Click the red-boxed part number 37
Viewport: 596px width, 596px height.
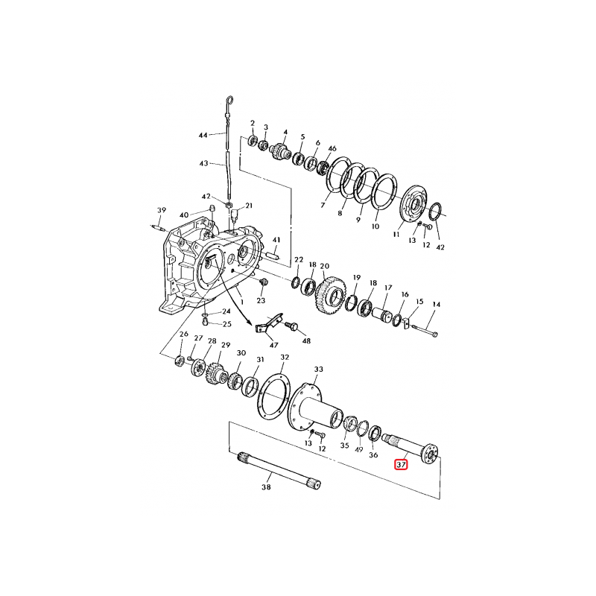(x=401, y=465)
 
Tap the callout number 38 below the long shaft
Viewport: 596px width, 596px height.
(x=267, y=489)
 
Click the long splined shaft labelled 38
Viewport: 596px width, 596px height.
(x=280, y=470)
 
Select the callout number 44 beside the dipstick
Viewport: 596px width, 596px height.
(x=203, y=136)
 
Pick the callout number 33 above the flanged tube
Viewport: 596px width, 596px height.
(x=319, y=369)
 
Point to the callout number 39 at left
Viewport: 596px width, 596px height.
(x=160, y=209)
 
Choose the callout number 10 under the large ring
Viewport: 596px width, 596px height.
(x=375, y=226)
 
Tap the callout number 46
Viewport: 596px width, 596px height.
(x=332, y=150)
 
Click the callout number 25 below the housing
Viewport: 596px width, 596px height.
(x=227, y=324)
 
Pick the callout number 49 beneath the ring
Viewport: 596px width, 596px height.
(x=359, y=451)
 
